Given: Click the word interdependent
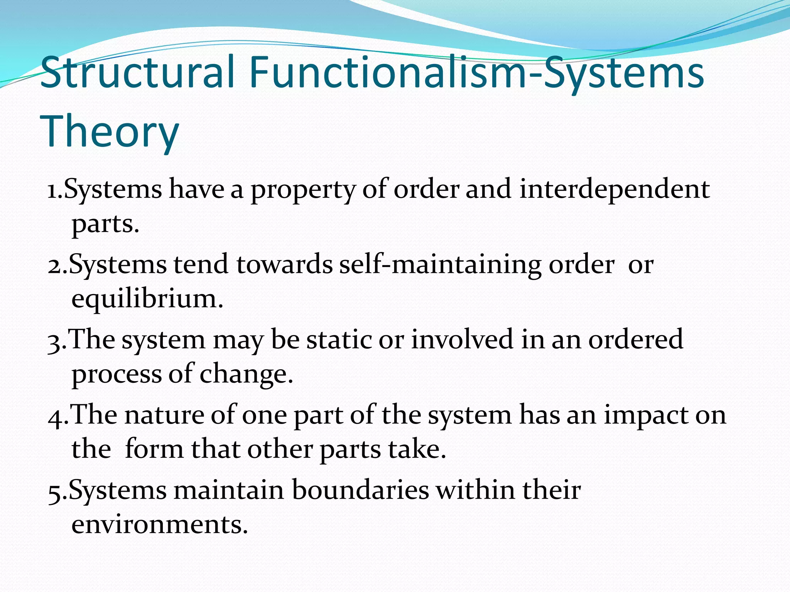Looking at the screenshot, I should (614, 190).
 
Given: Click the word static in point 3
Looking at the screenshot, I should (339, 340).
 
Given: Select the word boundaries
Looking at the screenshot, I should (360, 491).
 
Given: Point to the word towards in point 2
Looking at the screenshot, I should (284, 265).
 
